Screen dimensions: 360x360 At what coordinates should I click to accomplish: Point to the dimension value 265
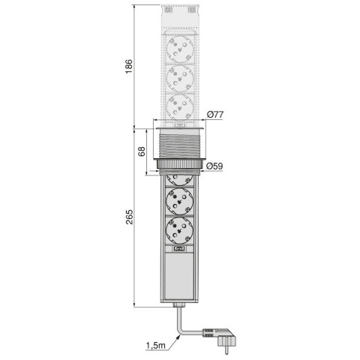130,217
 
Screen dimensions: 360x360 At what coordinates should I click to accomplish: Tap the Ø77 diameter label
215,114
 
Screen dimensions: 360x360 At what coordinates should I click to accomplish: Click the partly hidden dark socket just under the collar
180,179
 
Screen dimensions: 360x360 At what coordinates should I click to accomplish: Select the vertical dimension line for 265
135,240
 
